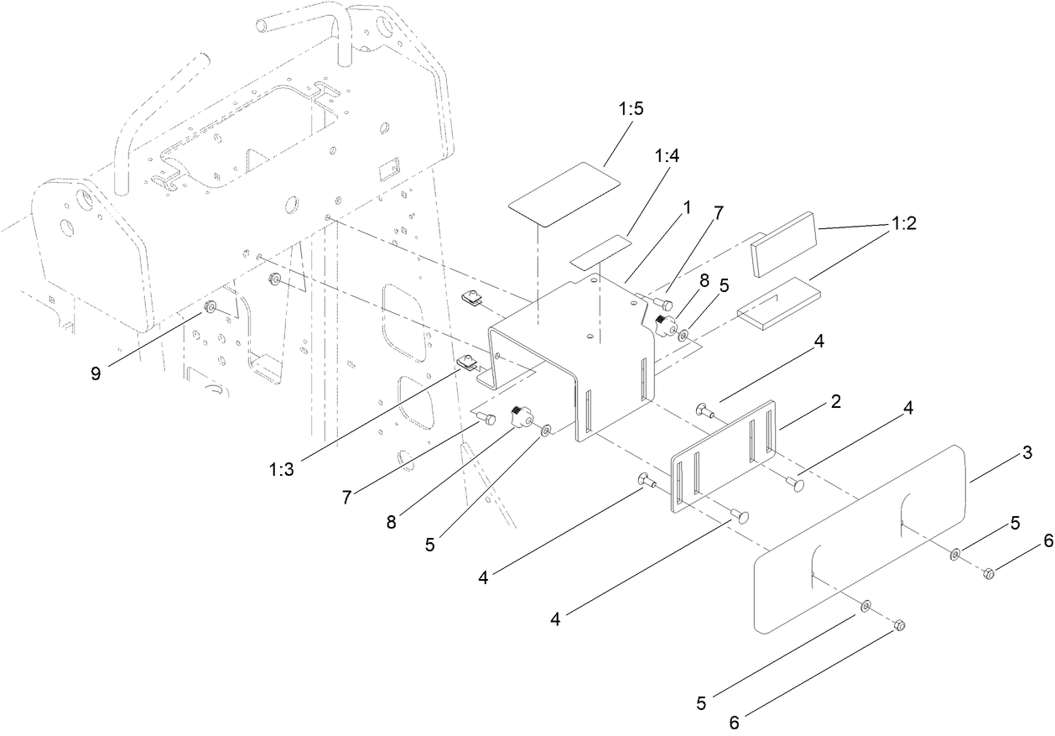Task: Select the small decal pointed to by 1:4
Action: (600, 252)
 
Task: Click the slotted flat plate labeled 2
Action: (725, 454)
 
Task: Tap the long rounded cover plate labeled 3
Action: (860, 537)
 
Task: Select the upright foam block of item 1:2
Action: (786, 243)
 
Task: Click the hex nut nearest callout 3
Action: (988, 574)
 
